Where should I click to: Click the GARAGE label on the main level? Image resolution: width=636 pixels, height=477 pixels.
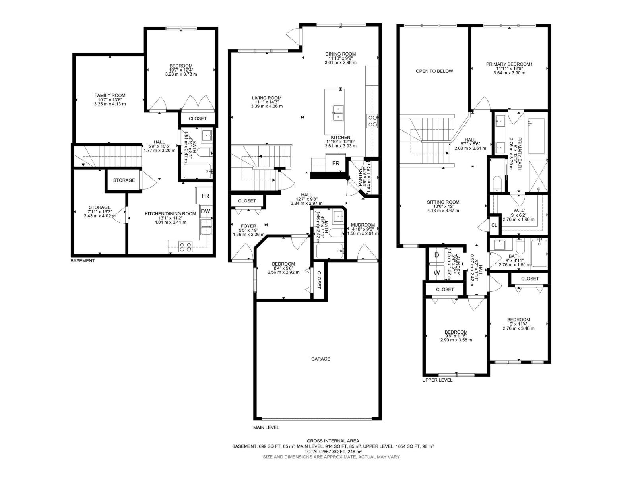(320, 359)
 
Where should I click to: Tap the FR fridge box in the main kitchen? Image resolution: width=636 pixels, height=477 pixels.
(336, 163)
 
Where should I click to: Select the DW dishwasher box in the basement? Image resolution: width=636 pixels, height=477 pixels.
(205, 211)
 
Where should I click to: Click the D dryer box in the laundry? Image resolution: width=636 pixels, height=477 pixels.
(436, 255)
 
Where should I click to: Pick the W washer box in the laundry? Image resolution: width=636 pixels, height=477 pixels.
(436, 273)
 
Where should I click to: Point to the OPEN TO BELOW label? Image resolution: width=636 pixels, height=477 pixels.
(434, 71)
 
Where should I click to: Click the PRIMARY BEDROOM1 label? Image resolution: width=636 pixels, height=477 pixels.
(509, 64)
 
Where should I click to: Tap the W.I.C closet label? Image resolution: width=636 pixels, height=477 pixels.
(518, 210)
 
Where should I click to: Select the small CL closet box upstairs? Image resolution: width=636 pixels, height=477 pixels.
(494, 225)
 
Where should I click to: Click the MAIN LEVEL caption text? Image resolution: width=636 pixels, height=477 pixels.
(266, 427)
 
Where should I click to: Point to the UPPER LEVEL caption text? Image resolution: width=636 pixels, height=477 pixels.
(437, 380)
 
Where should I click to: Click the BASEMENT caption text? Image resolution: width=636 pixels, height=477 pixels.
(83, 261)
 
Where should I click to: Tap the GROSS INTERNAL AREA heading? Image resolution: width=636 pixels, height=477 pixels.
(333, 440)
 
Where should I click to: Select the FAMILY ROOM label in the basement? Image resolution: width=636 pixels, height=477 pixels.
(110, 95)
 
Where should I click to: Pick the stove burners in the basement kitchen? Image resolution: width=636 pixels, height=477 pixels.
(186, 247)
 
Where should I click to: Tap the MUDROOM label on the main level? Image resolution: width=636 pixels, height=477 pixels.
(363, 225)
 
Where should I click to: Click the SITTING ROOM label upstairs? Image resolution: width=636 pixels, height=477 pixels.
(443, 202)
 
